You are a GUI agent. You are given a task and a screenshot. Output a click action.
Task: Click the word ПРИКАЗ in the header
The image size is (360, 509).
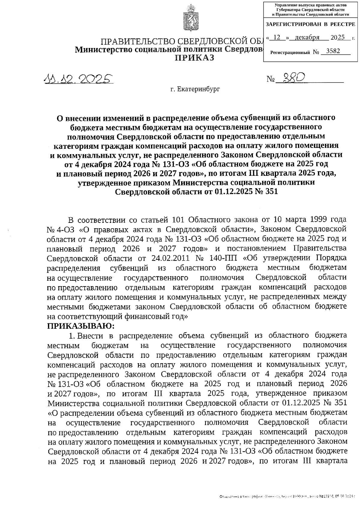point(195,58)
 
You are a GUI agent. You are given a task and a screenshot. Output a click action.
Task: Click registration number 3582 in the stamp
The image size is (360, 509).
point(333,51)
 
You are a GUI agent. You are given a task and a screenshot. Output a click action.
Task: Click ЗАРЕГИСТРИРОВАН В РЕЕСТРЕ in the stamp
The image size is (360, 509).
point(310,24)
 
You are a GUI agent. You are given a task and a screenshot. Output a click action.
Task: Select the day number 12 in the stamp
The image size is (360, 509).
point(277,37)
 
